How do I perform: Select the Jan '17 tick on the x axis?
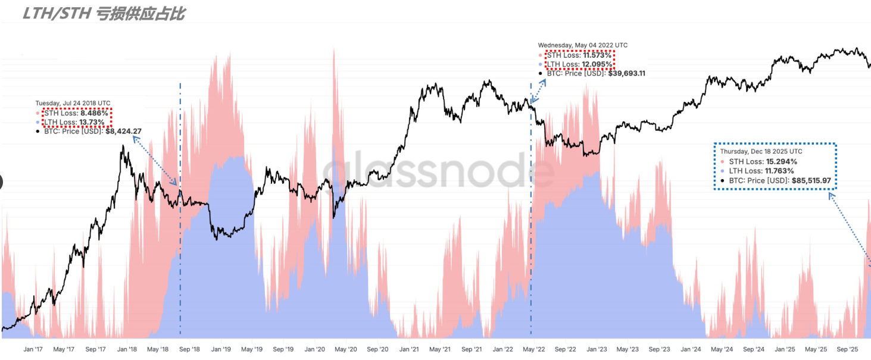pyautogui.click(x=33, y=349)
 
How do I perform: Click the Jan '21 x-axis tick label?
pyautogui.click(x=408, y=349)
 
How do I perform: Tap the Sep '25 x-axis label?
pyautogui.click(x=848, y=349)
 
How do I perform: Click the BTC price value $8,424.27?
pyautogui.click(x=123, y=132)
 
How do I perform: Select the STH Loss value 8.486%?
pyautogui.click(x=95, y=113)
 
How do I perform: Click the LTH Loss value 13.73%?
pyautogui.click(x=92, y=122)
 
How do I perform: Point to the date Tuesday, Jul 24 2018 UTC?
pyautogui.click(x=73, y=104)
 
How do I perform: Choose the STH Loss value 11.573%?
pyautogui.click(x=597, y=55)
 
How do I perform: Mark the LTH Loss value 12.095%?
pyautogui.click(x=597, y=64)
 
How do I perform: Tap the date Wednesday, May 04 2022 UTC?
pyautogui.click(x=582, y=45)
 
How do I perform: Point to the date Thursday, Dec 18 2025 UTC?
pyautogui.click(x=761, y=152)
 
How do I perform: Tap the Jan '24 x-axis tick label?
pyautogui.click(x=690, y=349)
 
